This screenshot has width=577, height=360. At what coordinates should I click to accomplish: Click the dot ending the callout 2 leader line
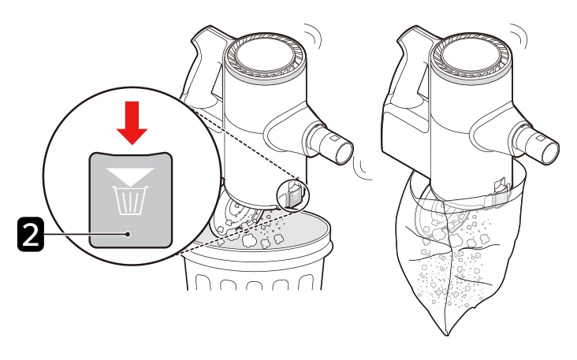127,234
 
